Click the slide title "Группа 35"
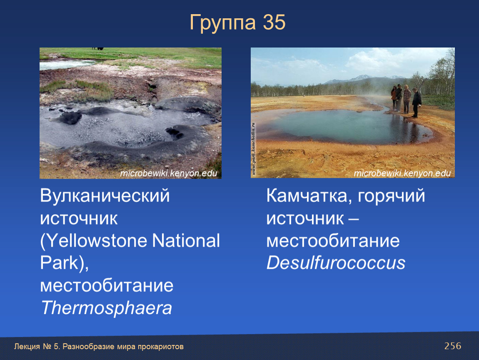pos(237,22)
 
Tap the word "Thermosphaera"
pos(106,307)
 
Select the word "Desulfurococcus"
pos(336,263)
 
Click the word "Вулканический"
pos(105,195)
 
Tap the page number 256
pos(453,346)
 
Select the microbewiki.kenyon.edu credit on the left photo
pos(169,173)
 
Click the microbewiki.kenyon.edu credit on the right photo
pos(402,173)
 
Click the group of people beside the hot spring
pos(406,100)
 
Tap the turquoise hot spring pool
pos(348,126)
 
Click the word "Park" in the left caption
pos(59,263)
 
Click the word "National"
pos(186,240)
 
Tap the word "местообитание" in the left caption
pos(107,285)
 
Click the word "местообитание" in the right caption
pos(333,241)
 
